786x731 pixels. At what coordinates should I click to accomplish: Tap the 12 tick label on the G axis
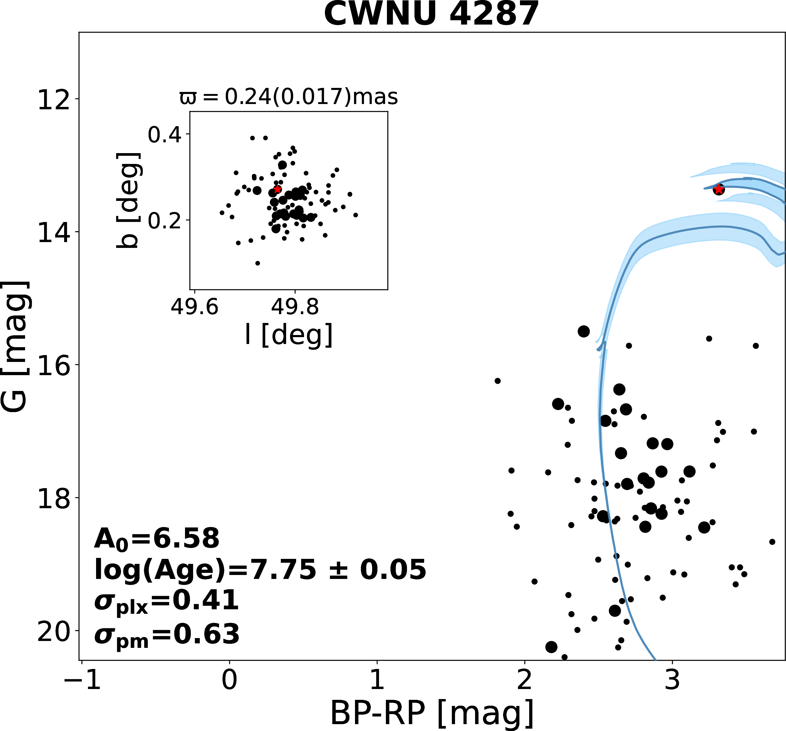[53, 100]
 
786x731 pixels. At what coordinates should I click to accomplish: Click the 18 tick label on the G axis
[53, 498]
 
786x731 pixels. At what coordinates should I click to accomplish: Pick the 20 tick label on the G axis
[53, 632]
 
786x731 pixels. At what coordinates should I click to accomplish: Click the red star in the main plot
[718, 190]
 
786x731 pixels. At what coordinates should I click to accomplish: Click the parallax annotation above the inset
[289, 97]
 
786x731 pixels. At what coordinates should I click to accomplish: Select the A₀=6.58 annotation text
[157, 539]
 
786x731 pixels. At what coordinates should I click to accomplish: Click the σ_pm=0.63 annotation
[167, 634]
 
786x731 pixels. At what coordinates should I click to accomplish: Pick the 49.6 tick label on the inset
[194, 307]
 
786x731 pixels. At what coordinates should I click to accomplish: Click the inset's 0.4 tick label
[164, 135]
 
